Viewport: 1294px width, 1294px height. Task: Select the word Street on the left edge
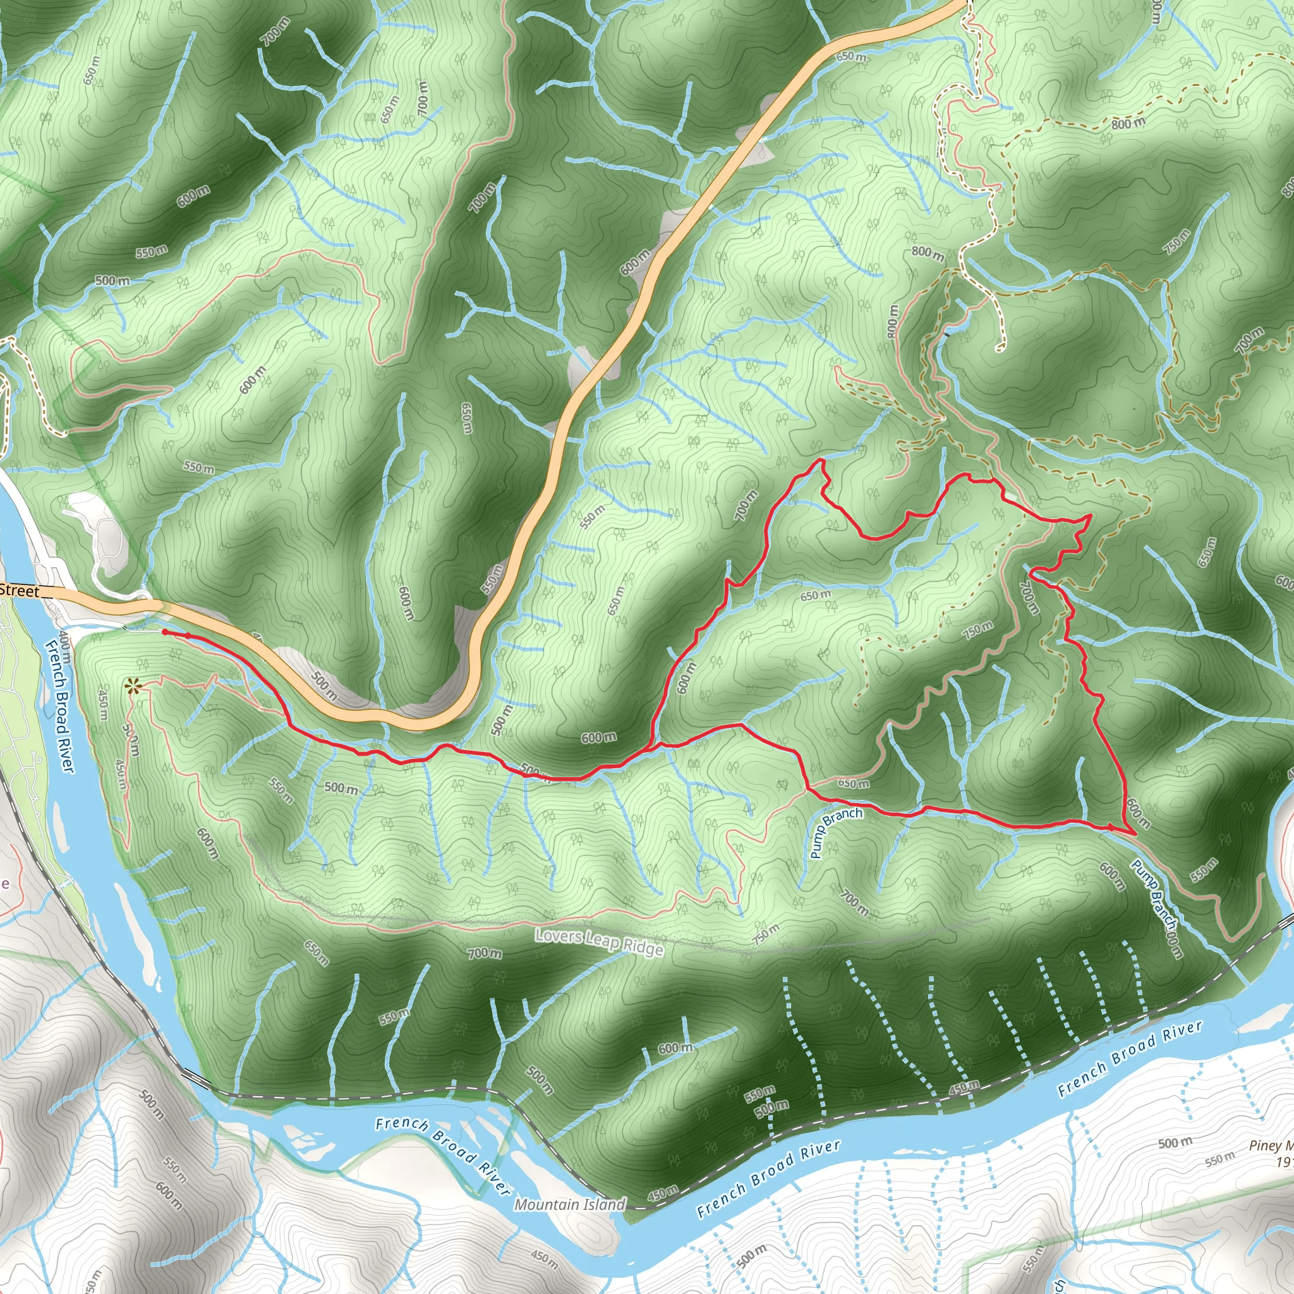coord(19,590)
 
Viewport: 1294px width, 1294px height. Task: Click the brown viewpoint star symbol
coord(133,685)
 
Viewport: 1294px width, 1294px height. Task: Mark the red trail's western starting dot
coord(164,632)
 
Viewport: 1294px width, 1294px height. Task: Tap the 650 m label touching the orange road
coord(851,57)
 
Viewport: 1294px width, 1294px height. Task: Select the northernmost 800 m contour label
coord(1128,123)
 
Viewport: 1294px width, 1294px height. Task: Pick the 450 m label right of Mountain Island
coord(663,1192)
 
